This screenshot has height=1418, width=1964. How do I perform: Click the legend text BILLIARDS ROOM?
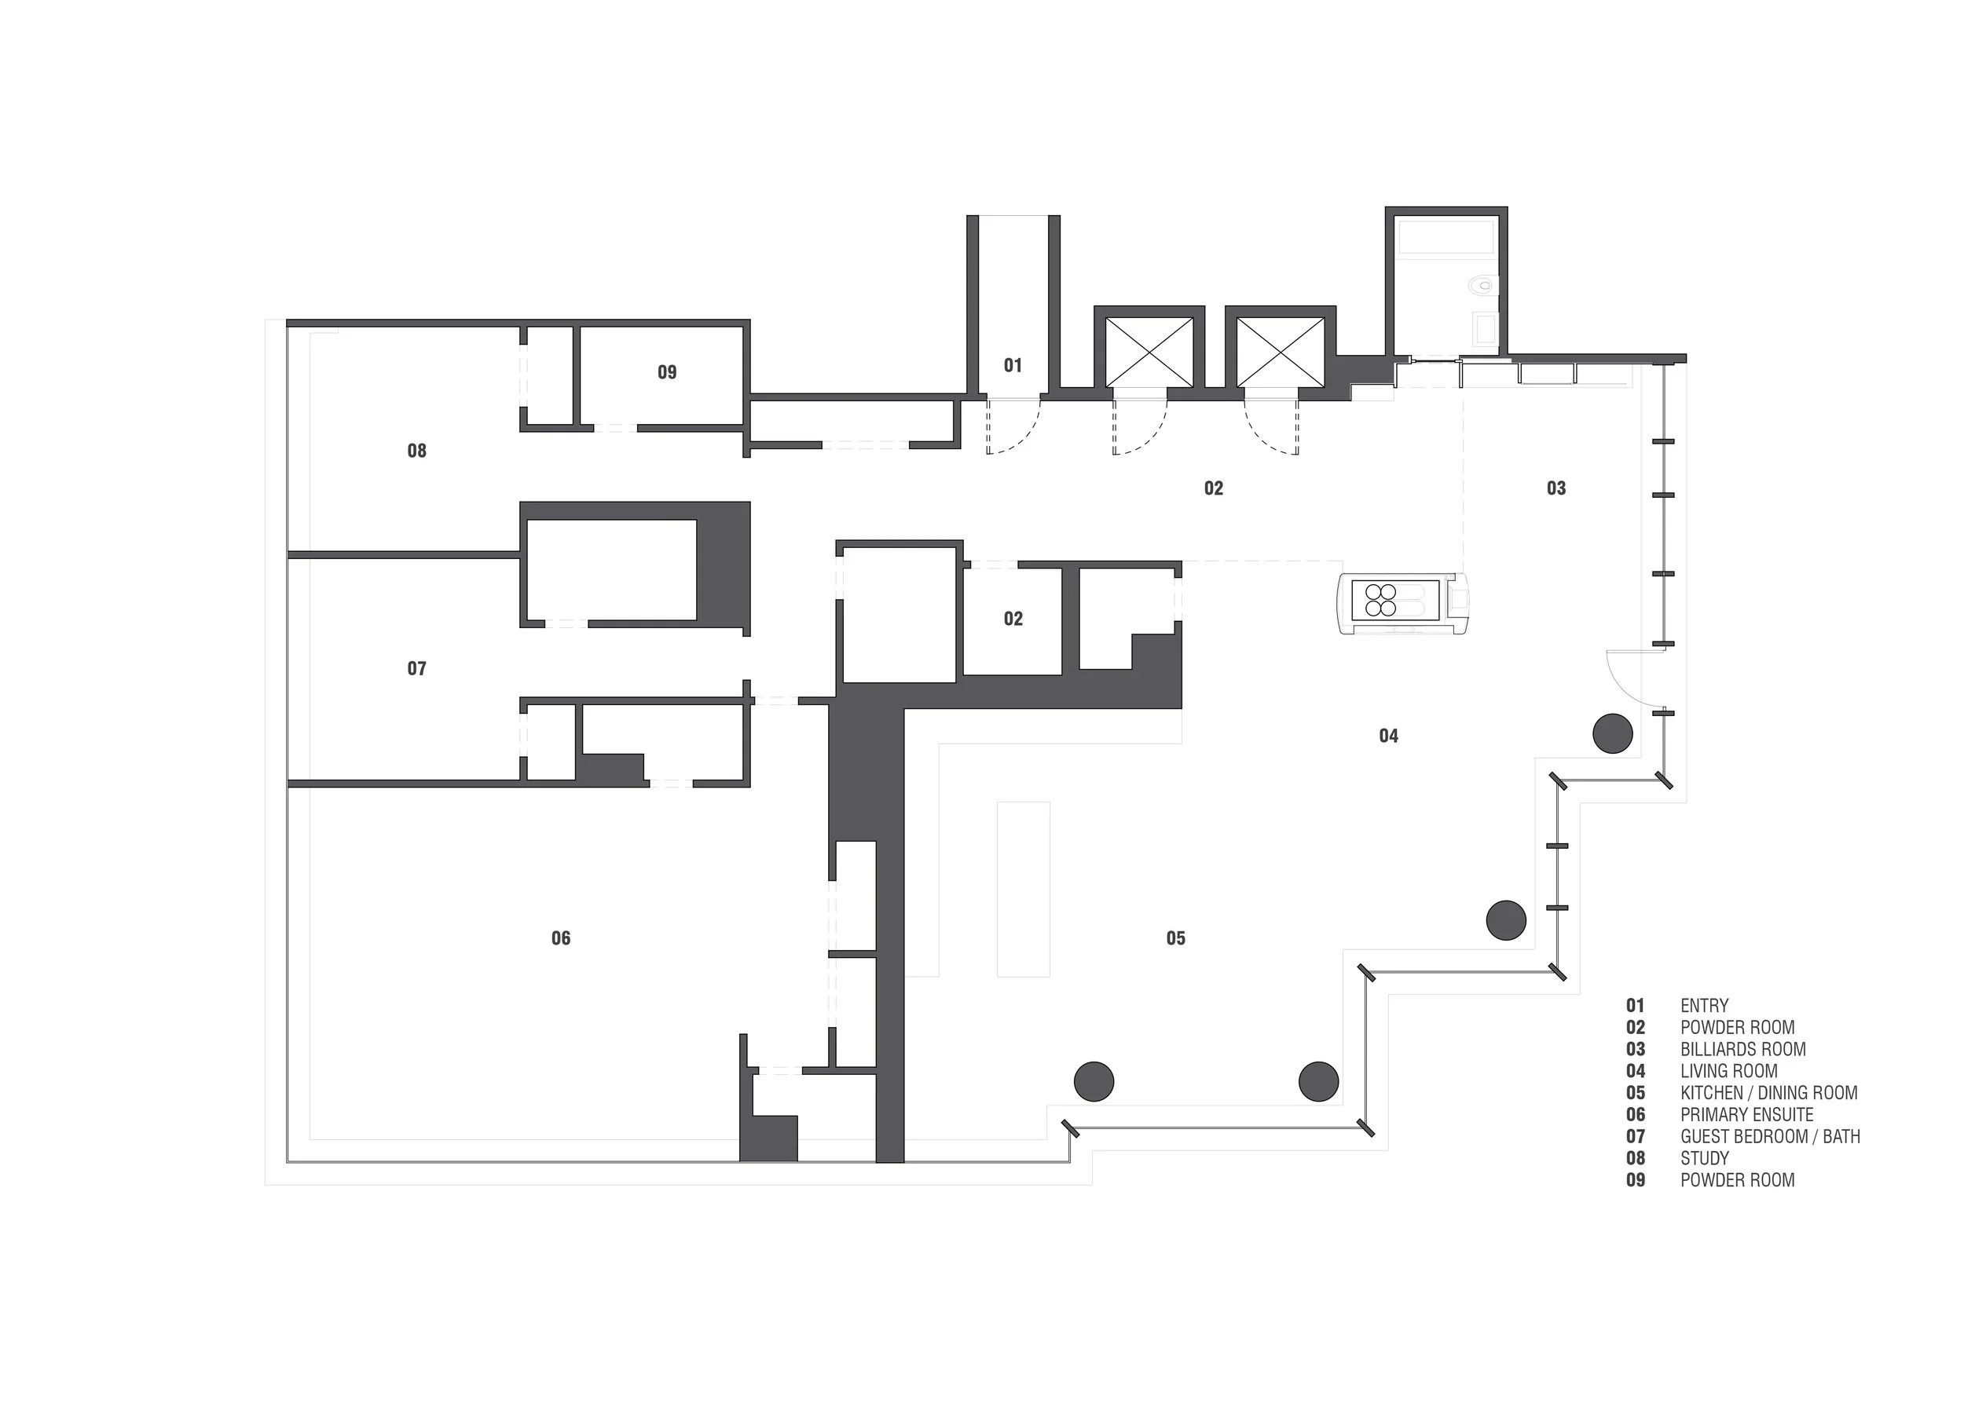(1742, 1049)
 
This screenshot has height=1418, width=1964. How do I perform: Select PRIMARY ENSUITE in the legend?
(1746, 1114)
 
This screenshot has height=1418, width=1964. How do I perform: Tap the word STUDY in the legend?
(1704, 1158)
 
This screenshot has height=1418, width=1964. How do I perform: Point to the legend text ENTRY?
(1703, 1006)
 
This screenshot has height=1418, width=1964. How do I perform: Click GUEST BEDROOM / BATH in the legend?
(1769, 1136)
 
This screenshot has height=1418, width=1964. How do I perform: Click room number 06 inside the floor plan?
(561, 937)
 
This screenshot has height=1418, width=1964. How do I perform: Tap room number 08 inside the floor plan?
(416, 450)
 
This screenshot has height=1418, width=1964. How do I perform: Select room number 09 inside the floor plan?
(667, 372)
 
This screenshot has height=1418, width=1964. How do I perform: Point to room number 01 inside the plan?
(1013, 365)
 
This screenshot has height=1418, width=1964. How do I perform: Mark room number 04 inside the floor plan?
(1388, 736)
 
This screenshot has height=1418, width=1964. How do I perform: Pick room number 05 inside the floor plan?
(1175, 937)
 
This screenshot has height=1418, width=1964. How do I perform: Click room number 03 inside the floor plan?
(1556, 488)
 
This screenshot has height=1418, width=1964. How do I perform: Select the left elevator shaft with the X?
(1149, 353)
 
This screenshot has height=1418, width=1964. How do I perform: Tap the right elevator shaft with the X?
(1280, 353)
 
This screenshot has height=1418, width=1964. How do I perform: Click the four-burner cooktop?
(1380, 600)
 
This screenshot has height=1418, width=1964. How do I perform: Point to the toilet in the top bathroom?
(1483, 284)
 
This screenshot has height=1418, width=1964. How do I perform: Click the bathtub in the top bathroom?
(1446, 237)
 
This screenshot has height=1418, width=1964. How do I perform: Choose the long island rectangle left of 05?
(1023, 889)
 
